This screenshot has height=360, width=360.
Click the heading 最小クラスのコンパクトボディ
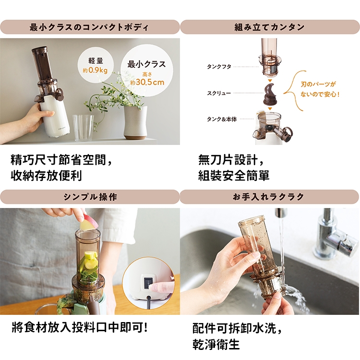(x=89, y=27)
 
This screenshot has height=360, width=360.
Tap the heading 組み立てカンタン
(x=269, y=27)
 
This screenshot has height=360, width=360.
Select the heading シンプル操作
(x=90, y=197)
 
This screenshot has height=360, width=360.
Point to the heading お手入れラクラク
(x=268, y=197)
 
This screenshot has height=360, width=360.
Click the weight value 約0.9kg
(x=96, y=70)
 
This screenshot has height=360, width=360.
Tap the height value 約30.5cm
(x=147, y=82)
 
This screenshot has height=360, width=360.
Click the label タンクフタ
(x=219, y=67)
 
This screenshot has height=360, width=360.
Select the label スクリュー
(x=219, y=93)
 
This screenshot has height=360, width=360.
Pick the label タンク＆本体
(x=222, y=120)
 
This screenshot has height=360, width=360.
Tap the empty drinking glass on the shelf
(x=83, y=128)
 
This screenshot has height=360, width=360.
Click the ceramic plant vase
(x=135, y=122)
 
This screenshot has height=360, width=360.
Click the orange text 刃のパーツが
(x=318, y=84)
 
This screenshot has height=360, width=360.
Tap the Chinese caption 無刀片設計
(x=228, y=160)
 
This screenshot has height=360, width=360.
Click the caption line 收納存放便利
(x=46, y=176)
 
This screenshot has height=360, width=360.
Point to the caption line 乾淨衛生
(x=216, y=344)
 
